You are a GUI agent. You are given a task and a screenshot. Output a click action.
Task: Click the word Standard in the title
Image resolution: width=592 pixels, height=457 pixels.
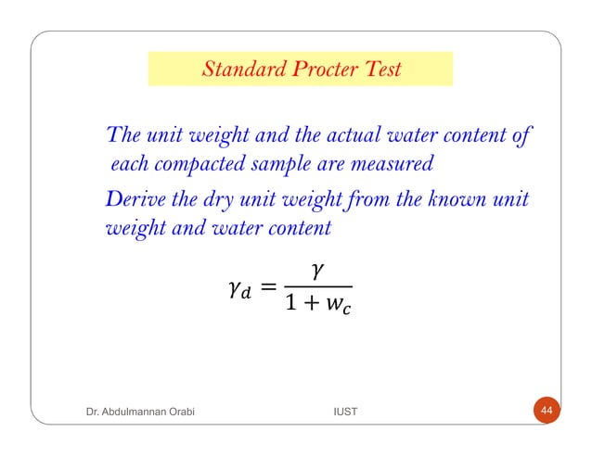[235, 70]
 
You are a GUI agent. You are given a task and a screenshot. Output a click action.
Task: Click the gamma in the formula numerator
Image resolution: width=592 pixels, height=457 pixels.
[318, 270]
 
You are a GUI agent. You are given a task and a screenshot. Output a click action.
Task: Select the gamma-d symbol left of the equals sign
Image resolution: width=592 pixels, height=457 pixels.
[238, 292]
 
